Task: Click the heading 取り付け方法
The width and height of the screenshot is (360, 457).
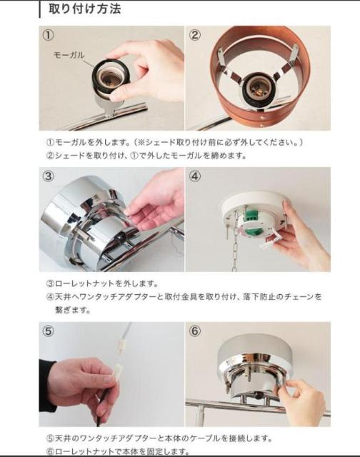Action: coord(84,9)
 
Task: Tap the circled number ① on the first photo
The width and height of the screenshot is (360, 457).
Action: coord(49,35)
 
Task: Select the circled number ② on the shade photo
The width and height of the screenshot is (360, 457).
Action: coord(195,35)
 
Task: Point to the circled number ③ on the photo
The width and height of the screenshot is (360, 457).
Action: coord(49,176)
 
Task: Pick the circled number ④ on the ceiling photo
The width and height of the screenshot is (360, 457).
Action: coord(195,176)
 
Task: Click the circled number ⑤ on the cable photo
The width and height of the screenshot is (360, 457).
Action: coord(49,331)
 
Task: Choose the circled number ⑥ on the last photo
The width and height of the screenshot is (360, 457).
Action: coord(195,331)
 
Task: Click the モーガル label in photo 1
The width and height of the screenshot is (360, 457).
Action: coord(69,55)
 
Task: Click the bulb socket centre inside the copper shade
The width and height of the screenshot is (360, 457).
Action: coord(257,87)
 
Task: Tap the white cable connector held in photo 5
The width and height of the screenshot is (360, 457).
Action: coord(116,373)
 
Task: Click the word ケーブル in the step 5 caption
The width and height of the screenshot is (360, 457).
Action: coord(204,438)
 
